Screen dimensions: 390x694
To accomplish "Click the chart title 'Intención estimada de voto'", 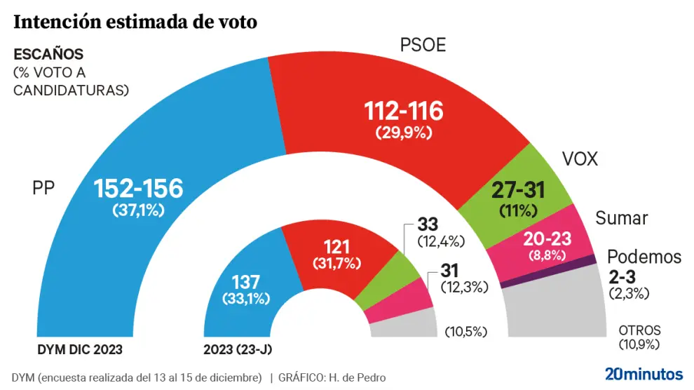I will pos(135,22).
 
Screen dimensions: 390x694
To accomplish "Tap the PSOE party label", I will pos(423,46).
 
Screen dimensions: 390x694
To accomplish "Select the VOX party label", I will pos(580,159).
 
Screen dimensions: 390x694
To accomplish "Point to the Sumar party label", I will pos(621,218).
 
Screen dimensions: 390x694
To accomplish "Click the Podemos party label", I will pos(644,257).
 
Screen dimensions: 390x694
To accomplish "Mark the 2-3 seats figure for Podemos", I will pos(622,276).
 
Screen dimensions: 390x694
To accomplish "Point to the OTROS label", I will pos(639,330).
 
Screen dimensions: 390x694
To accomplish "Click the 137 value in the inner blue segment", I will pos(250,281).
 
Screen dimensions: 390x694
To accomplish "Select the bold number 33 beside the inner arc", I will pos(427,225).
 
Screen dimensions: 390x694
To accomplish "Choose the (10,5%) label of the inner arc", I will pos(465,331).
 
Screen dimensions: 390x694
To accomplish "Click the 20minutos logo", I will pos(644,374).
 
